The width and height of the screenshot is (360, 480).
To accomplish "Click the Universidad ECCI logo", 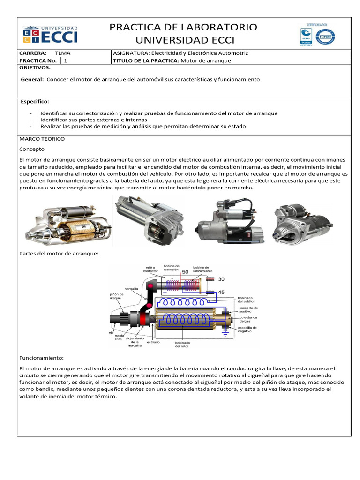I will [50, 34].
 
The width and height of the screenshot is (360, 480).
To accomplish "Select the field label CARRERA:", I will [32, 53].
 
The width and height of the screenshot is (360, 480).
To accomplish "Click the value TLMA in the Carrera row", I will [62, 53].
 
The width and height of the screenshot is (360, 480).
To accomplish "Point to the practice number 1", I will [66, 60].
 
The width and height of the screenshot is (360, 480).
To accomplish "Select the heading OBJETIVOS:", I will [35, 68].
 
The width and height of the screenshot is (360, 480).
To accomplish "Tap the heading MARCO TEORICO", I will [42, 139].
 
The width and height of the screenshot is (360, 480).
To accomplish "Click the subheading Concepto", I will [31, 149].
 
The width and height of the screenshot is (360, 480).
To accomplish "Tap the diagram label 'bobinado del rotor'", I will [182, 344].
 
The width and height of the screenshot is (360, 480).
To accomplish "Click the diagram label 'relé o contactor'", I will [150, 269].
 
